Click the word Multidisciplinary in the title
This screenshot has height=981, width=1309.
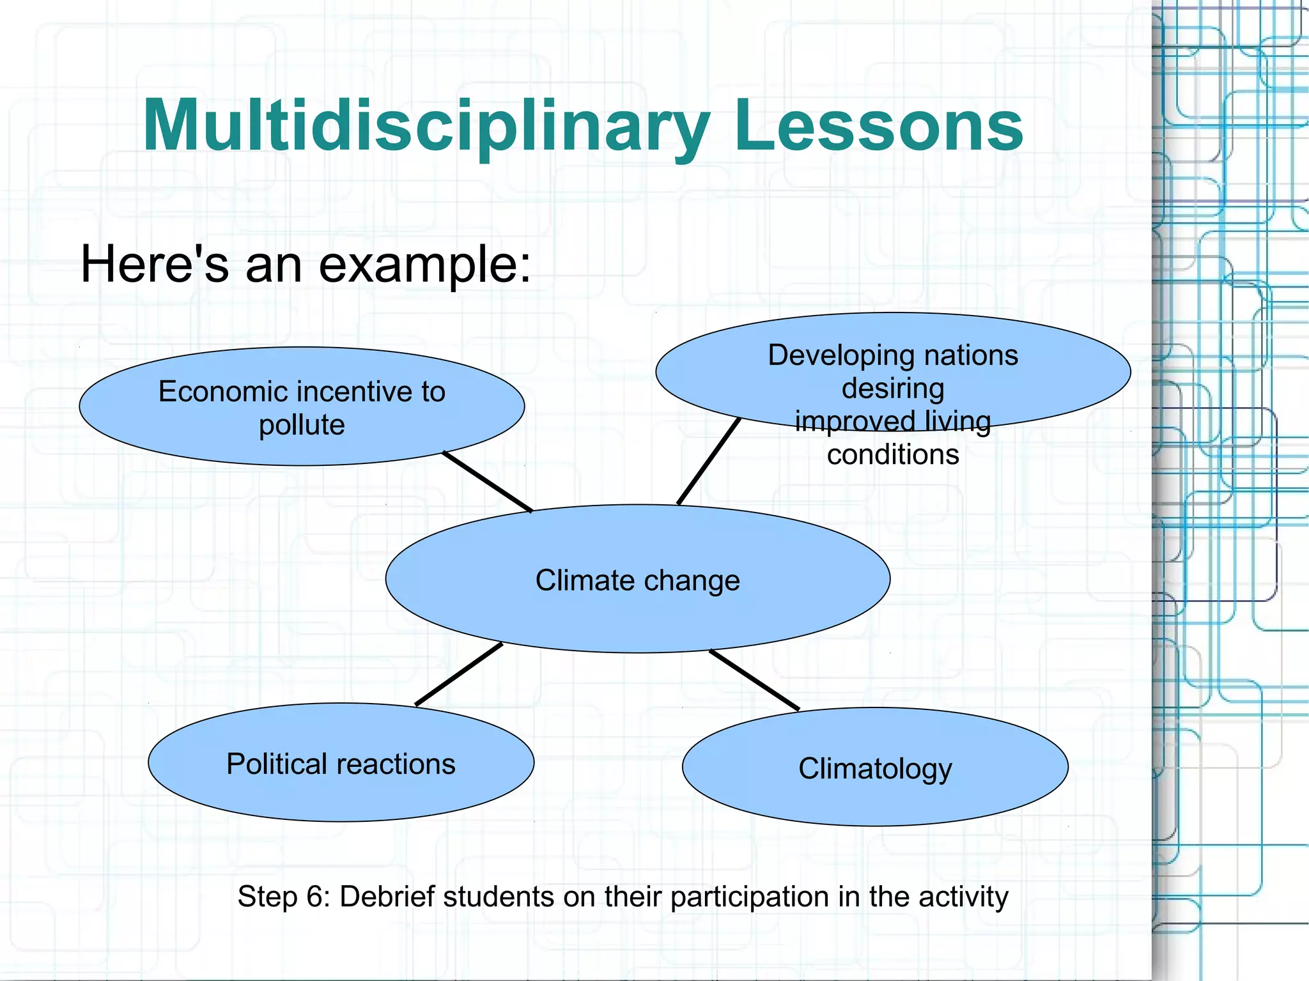pos(425,126)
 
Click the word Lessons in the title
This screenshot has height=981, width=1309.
pos(879,126)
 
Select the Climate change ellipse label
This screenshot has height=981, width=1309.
pos(637,580)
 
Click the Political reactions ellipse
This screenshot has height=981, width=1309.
pos(341,764)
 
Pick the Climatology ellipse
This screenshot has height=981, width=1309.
pos(875,768)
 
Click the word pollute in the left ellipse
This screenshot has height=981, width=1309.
pos(302,425)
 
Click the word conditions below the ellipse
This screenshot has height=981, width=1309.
pos(893,455)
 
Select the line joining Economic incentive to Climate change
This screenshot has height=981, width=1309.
pos(488,482)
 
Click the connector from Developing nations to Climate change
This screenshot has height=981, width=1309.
pos(708,461)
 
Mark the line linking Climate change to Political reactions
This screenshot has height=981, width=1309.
pos(459,674)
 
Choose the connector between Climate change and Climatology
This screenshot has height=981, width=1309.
pos(754,680)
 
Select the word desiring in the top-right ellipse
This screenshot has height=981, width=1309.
pos(892,389)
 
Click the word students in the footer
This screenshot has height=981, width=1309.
pos(499,897)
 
